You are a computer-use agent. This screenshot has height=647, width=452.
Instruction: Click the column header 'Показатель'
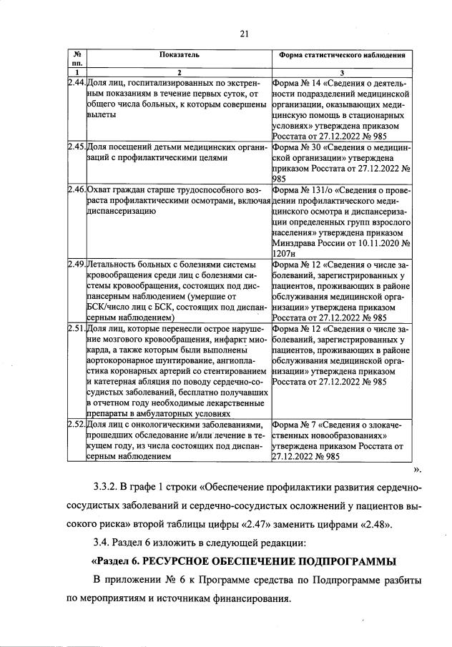click(180, 54)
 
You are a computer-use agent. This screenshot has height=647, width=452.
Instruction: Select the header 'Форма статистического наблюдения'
click(343, 54)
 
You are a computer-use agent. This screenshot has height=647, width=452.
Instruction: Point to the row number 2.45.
click(76, 147)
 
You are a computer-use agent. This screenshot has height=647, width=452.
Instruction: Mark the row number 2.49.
click(76, 265)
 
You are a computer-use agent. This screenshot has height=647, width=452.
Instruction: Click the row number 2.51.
click(76, 328)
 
